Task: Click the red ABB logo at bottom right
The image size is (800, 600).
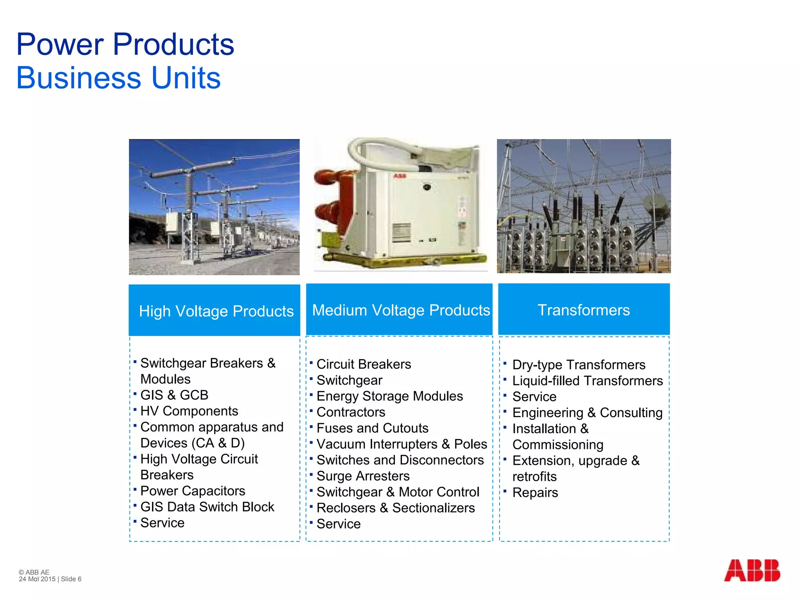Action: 752,570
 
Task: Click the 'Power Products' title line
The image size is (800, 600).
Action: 125,44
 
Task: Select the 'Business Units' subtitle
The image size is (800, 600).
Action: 118,78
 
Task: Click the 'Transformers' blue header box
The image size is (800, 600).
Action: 584,310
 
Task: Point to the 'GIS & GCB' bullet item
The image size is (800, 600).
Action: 174,395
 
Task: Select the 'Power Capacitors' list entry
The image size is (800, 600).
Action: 193,491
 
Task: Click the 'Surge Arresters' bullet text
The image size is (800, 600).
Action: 363,476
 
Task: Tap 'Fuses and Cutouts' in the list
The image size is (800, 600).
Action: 372,428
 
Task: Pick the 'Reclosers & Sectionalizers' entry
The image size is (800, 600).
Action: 395,508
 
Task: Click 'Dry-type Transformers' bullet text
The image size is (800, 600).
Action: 579,365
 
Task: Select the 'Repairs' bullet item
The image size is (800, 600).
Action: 535,493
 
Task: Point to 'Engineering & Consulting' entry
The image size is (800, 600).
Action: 587,412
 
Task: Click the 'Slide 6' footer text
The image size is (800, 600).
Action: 71,579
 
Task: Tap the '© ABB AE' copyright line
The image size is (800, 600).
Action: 34,572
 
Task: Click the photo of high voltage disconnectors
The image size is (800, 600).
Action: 214,207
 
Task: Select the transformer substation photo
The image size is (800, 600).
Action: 584,206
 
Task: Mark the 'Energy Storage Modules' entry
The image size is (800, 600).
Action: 389,396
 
